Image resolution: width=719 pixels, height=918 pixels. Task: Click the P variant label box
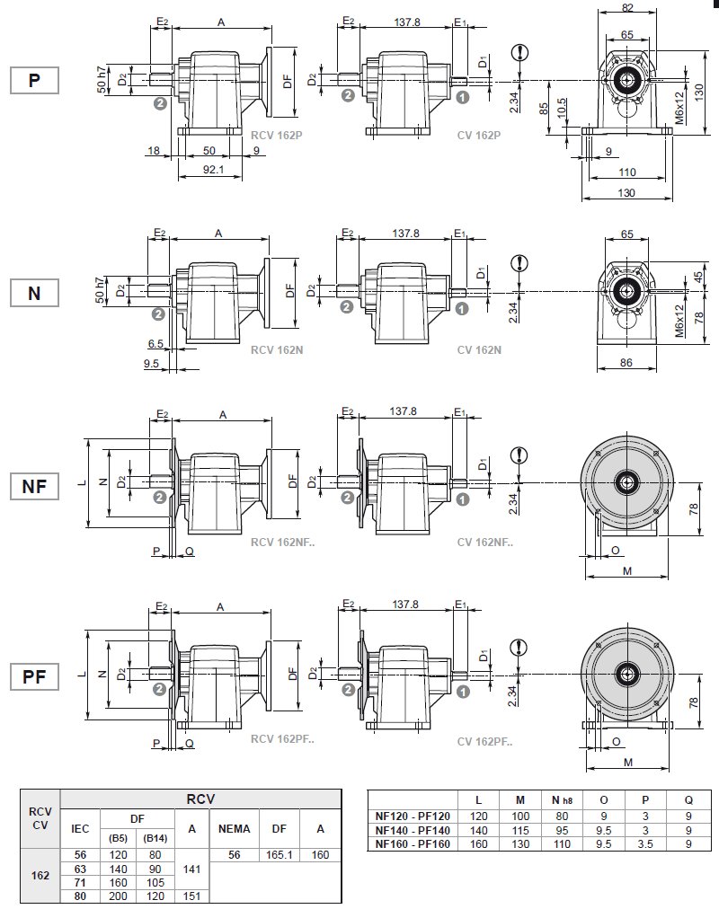[34, 81]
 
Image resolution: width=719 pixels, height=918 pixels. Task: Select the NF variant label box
[34, 487]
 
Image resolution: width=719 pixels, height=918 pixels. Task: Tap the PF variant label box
[34, 677]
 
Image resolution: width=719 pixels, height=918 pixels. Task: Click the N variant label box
[34, 293]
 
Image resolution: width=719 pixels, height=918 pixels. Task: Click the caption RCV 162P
[276, 136]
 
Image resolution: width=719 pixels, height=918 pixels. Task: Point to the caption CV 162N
[479, 349]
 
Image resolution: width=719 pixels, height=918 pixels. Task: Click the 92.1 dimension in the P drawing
[213, 169]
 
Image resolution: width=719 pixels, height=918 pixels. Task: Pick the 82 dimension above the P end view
[626, 7]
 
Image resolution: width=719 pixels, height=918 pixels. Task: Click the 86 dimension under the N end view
[626, 363]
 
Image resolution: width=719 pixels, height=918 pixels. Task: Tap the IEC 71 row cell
[80, 883]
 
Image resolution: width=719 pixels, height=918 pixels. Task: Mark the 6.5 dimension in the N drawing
[154, 344]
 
